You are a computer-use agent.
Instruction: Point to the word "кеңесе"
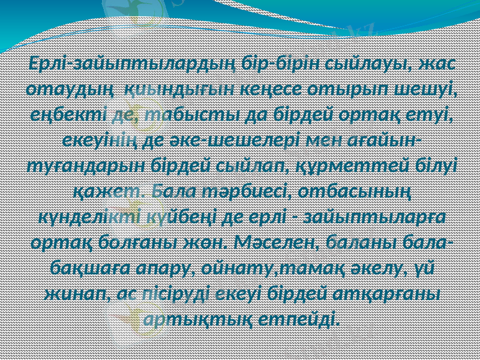pos(274,90)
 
